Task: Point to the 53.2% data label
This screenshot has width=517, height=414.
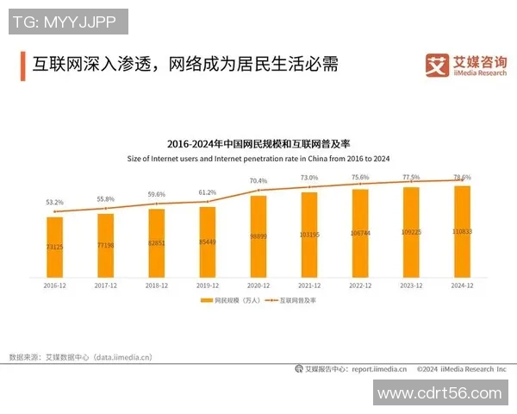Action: pyautogui.click(x=54, y=203)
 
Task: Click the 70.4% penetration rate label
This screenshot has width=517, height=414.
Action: pyautogui.click(x=258, y=181)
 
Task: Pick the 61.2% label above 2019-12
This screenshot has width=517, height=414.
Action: pyautogui.click(x=208, y=192)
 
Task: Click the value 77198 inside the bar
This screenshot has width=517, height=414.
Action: pyautogui.click(x=105, y=246)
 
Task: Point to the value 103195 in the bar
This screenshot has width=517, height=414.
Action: pyautogui.click(x=309, y=235)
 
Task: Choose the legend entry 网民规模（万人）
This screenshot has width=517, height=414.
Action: pyautogui.click(x=228, y=300)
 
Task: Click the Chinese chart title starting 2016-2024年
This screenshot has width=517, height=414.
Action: pyautogui.click(x=258, y=143)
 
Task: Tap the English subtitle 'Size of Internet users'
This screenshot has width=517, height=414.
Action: pyautogui.click(x=258, y=159)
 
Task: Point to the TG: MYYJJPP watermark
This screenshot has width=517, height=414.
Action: pyautogui.click(x=68, y=21)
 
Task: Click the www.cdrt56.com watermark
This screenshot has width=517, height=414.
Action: pyautogui.click(x=439, y=393)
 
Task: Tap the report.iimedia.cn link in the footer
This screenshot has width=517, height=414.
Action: pyautogui.click(x=377, y=369)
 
